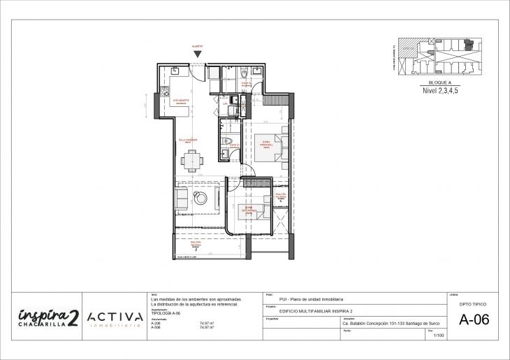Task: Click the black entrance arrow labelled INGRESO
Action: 198,54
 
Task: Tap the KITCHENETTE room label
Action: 182,101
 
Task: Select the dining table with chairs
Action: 191,161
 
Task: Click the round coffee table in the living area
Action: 202,200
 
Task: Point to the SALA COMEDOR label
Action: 188,140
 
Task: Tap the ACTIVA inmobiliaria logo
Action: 115,319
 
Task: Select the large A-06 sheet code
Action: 474,320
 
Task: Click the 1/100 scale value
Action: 439,336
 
